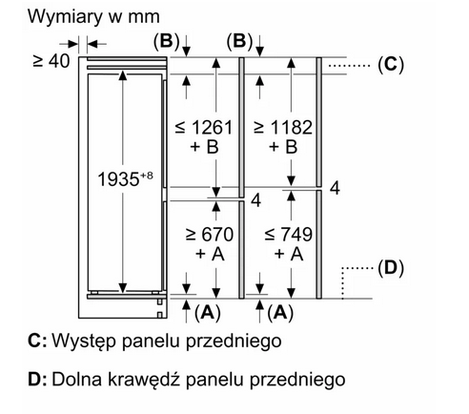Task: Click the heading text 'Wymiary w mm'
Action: click(x=93, y=16)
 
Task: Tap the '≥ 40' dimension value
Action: click(x=51, y=61)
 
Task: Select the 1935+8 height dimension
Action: click(x=125, y=179)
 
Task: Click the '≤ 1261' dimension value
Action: click(x=204, y=128)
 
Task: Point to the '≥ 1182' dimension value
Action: click(x=283, y=128)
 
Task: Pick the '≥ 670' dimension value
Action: click(x=210, y=235)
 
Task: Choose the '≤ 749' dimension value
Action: click(x=288, y=235)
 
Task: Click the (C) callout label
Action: click(x=391, y=65)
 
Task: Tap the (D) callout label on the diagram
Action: click(x=391, y=268)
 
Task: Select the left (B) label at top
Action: click(x=167, y=42)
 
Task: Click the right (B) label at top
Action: click(x=240, y=42)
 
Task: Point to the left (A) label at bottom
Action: click(x=208, y=313)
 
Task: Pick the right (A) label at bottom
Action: click(x=280, y=313)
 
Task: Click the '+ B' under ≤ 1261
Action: click(x=204, y=147)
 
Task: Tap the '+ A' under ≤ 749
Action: click(x=289, y=254)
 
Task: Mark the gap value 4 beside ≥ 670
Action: click(x=255, y=201)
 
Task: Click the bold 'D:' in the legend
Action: click(x=37, y=379)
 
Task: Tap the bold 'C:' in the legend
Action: click(x=37, y=341)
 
